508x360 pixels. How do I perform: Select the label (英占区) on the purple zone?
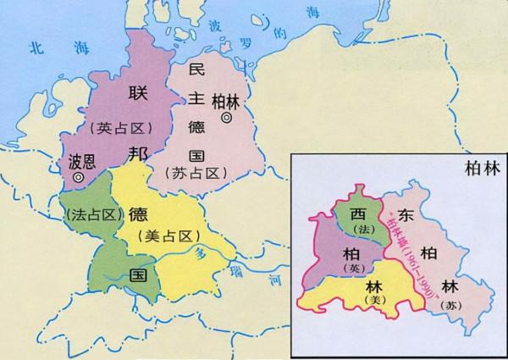tap(119, 129)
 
